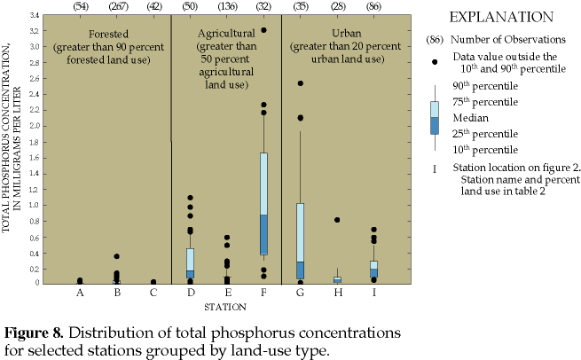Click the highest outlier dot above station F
point(263,30)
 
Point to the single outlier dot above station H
point(337,220)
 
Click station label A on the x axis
point(81,293)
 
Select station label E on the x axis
point(227,293)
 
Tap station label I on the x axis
point(373,293)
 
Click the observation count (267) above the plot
point(117,7)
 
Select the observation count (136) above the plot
point(227,7)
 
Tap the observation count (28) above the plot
point(337,7)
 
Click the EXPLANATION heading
point(498,18)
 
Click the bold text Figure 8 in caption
point(34,333)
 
